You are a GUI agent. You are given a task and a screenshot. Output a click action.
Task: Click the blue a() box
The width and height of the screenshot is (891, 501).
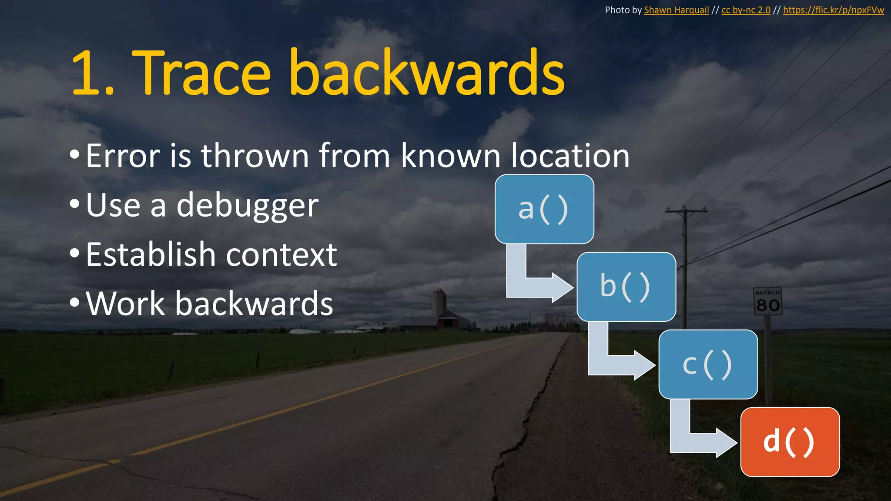pos(544,209)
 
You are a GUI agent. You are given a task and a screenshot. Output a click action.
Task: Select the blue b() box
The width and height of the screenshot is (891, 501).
pos(626,287)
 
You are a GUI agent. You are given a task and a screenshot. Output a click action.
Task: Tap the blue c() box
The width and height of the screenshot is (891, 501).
pos(708,364)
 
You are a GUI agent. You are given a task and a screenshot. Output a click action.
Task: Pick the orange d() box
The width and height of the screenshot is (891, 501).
pos(790,442)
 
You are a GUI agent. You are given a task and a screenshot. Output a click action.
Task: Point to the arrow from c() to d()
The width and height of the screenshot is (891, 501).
pos(701,442)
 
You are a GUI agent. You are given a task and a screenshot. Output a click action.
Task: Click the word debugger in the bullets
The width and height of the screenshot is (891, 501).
pos(248,205)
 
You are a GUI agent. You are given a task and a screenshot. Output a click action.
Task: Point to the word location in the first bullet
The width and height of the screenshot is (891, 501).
pos(570,156)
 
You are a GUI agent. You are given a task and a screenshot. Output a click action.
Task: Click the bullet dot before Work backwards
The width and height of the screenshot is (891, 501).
pos(74,302)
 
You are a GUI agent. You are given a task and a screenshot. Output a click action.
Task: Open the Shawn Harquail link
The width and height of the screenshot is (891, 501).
pos(676,10)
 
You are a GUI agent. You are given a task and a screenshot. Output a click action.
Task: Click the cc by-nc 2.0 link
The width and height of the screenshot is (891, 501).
pos(746,10)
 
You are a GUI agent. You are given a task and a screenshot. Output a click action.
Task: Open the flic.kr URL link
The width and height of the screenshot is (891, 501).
pos(833,10)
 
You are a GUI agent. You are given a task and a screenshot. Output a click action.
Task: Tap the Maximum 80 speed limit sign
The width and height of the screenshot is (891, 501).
pos(768,301)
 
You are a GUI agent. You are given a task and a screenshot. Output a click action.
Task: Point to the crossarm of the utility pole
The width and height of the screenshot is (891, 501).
pos(686,211)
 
